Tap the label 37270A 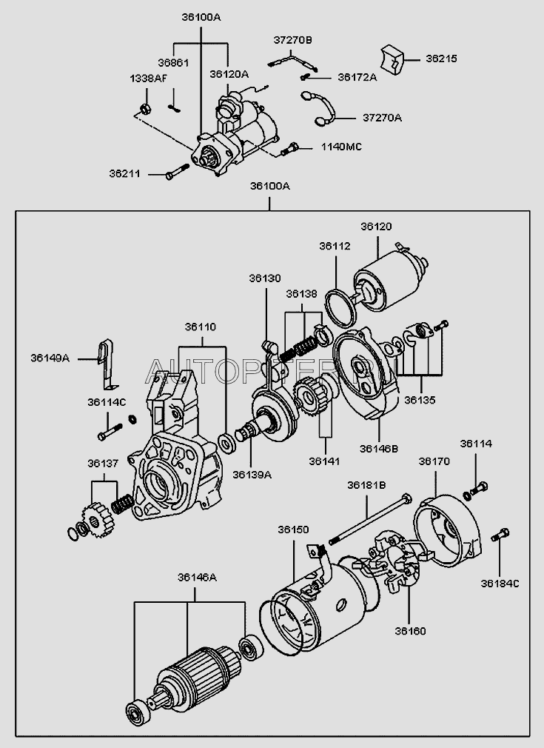pyautogui.click(x=383, y=117)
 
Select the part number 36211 pyautogui.click(x=123, y=174)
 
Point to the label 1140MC pyautogui.click(x=340, y=147)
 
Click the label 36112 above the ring pyautogui.click(x=335, y=246)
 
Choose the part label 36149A pyautogui.click(x=50, y=358)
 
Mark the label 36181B pyautogui.click(x=367, y=485)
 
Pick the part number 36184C pyautogui.click(x=500, y=584)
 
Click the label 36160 pyautogui.click(x=410, y=631)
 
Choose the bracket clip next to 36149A pyautogui.click(x=109, y=363)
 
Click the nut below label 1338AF pyautogui.click(x=146, y=109)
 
